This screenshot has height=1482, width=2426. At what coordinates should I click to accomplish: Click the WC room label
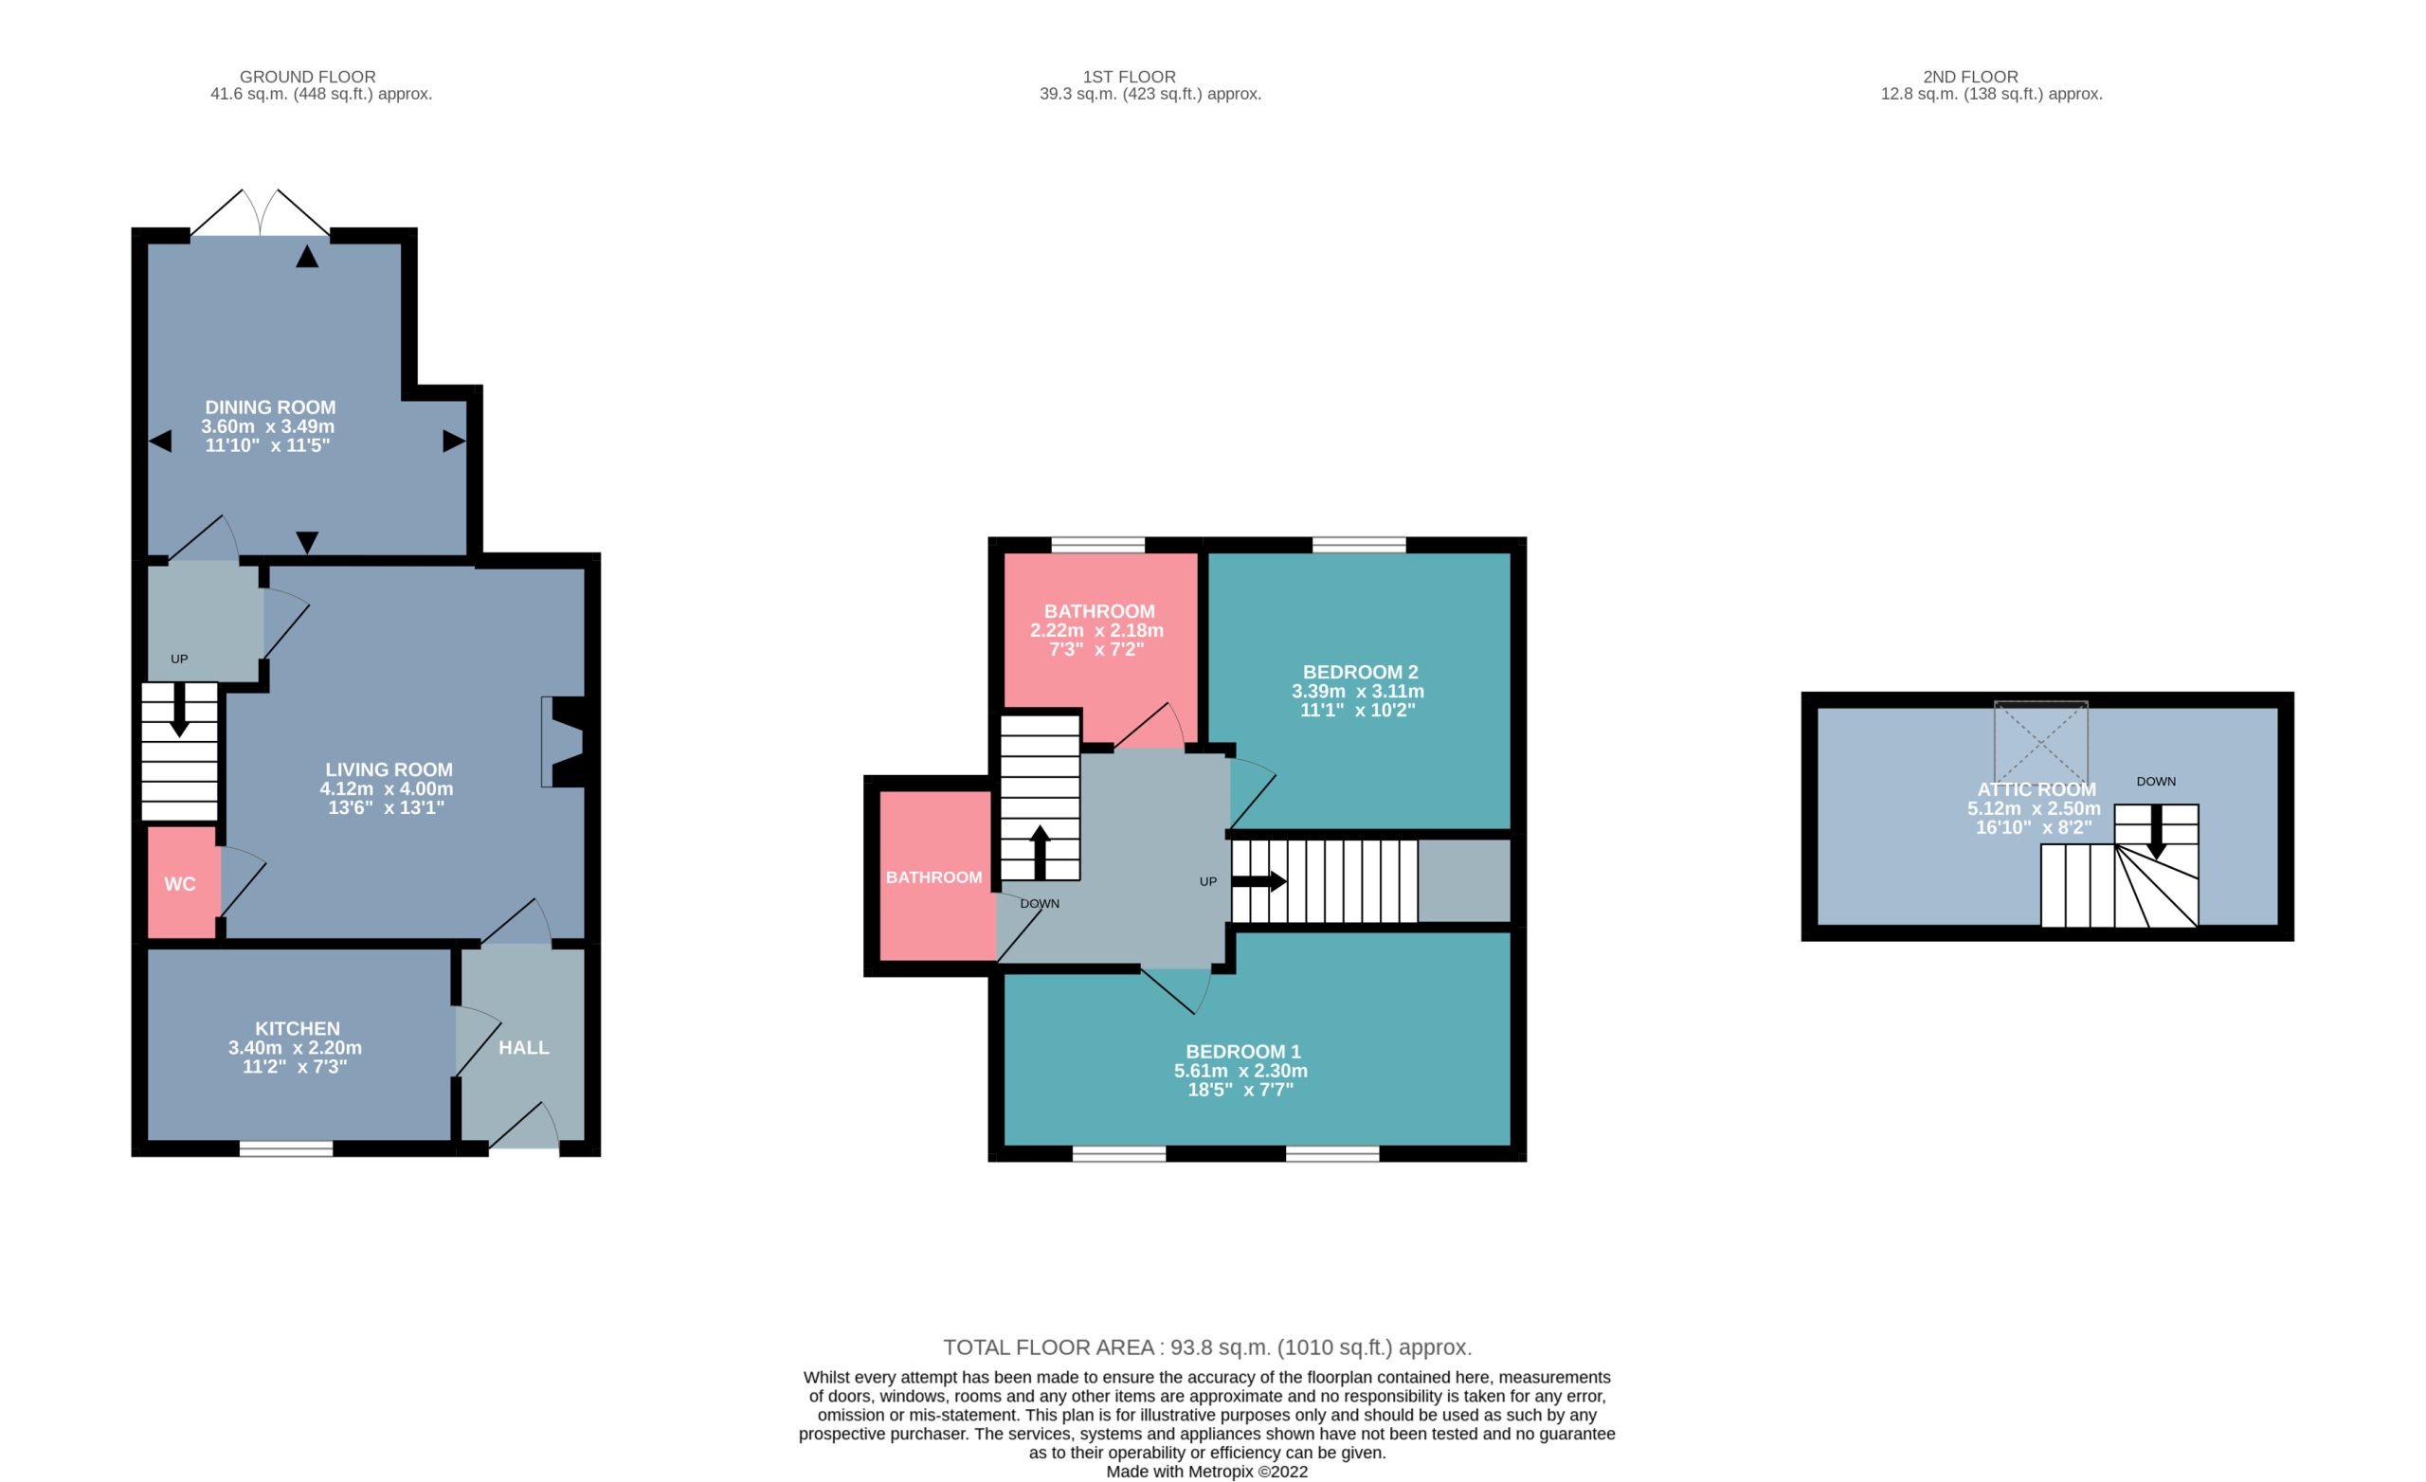(179, 884)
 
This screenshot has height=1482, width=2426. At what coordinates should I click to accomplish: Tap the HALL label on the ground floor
(524, 1048)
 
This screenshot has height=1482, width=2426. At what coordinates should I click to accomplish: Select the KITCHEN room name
(298, 1029)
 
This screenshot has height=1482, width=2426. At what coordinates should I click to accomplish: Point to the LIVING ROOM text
(389, 770)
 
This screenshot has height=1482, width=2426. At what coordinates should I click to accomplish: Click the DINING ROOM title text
(270, 407)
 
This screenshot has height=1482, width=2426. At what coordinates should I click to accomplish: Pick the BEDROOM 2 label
(1360, 673)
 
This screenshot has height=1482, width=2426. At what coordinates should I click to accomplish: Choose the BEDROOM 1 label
(1242, 1052)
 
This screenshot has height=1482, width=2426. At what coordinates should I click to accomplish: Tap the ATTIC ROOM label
(2037, 789)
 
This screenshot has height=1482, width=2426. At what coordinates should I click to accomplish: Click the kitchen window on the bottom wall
(286, 1148)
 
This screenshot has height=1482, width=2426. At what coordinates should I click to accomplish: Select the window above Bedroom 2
(1359, 545)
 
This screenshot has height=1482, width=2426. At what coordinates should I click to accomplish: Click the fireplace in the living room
(564, 743)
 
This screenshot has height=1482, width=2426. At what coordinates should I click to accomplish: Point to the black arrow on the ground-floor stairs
(179, 709)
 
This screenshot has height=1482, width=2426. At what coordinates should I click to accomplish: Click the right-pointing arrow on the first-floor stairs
(1259, 881)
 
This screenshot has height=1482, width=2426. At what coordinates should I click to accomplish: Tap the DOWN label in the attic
(2156, 782)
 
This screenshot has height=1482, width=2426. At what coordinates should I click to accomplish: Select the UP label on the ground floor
(179, 660)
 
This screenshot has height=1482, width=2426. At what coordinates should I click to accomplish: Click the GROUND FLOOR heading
(307, 77)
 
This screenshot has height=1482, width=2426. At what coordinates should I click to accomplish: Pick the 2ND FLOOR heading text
(1970, 77)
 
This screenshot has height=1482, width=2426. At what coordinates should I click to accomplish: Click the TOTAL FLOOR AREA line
(1207, 1348)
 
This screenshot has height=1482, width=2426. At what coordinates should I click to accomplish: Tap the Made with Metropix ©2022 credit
(1207, 1473)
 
